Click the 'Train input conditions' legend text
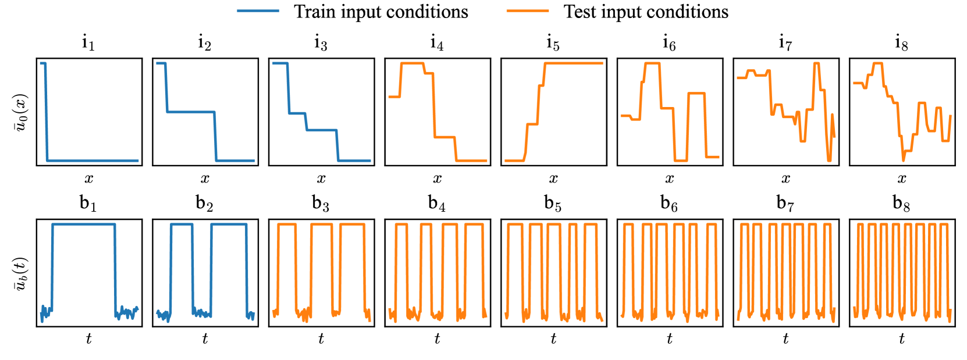(381, 12)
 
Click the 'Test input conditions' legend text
(646, 12)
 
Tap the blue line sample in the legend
(258, 12)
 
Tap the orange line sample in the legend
(528, 12)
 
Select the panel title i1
(88, 43)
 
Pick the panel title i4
(437, 43)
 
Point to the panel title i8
(901, 43)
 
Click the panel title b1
(88, 204)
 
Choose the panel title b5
(553, 204)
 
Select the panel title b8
(901, 204)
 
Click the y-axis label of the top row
(21, 112)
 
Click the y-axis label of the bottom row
(21, 273)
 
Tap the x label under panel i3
(321, 179)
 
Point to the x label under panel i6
(670, 179)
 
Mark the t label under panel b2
(205, 339)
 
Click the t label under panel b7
(785, 339)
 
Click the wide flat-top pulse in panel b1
(84, 224)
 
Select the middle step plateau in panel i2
(191, 112)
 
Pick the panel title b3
(321, 204)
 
